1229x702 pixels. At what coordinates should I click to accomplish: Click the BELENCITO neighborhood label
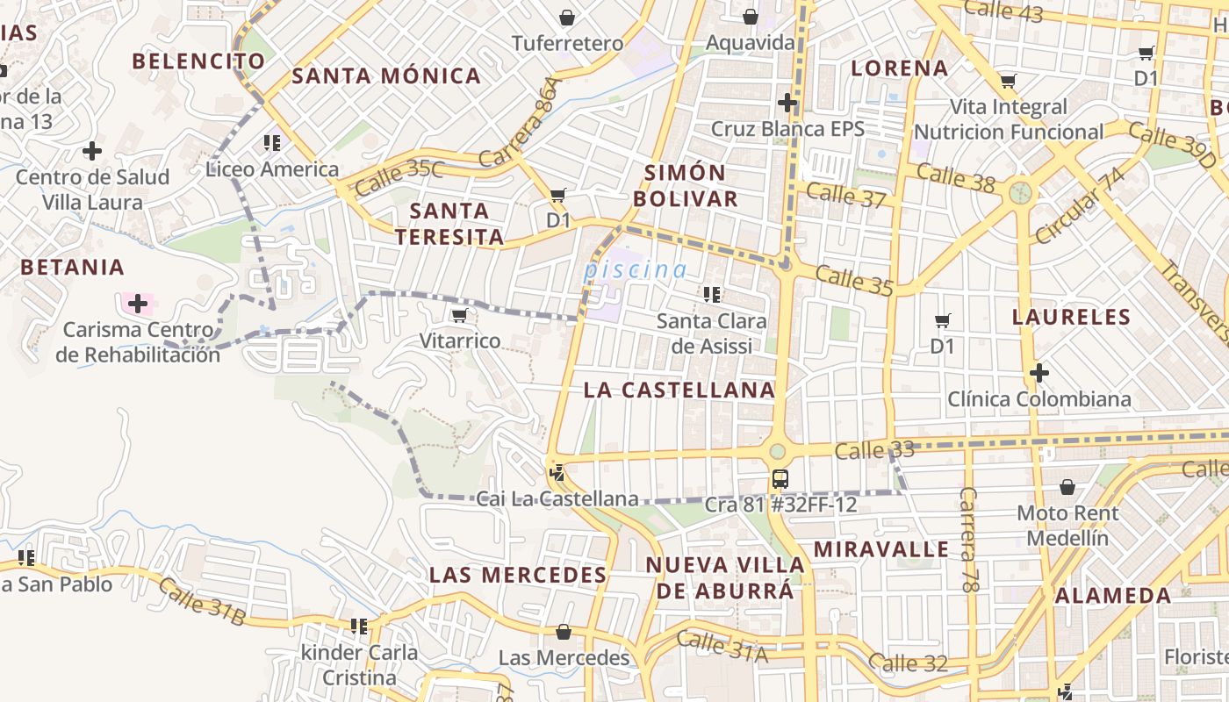[198, 61]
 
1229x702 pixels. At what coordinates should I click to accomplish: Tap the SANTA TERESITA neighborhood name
[449, 224]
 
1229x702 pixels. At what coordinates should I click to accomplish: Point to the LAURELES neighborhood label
[1070, 317]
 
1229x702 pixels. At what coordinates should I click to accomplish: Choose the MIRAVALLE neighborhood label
[880, 549]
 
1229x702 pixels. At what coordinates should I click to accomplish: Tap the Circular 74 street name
[1079, 206]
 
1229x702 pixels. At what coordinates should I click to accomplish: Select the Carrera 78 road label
[968, 539]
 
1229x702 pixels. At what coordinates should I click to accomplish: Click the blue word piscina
[635, 270]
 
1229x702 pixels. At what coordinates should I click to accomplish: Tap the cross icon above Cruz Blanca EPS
[787, 104]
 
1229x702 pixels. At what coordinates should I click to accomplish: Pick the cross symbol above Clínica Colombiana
[1039, 374]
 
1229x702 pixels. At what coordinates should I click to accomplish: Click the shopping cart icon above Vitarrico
[458, 315]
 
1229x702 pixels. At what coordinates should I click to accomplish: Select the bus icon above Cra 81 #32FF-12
[780, 479]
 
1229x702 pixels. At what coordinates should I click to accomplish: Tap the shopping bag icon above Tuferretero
[567, 18]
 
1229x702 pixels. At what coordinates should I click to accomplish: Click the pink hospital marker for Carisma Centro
[137, 304]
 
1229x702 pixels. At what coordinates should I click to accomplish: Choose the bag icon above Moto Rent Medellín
[1067, 487]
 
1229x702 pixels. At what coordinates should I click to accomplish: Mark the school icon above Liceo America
[271, 142]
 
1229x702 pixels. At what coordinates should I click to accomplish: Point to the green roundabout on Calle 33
[778, 452]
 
